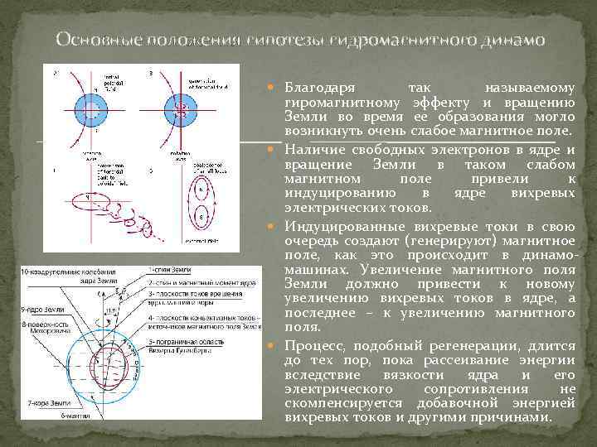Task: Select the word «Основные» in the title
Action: click(x=90, y=39)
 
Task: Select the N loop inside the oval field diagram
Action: click(x=199, y=190)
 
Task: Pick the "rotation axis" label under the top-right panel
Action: click(x=200, y=154)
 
